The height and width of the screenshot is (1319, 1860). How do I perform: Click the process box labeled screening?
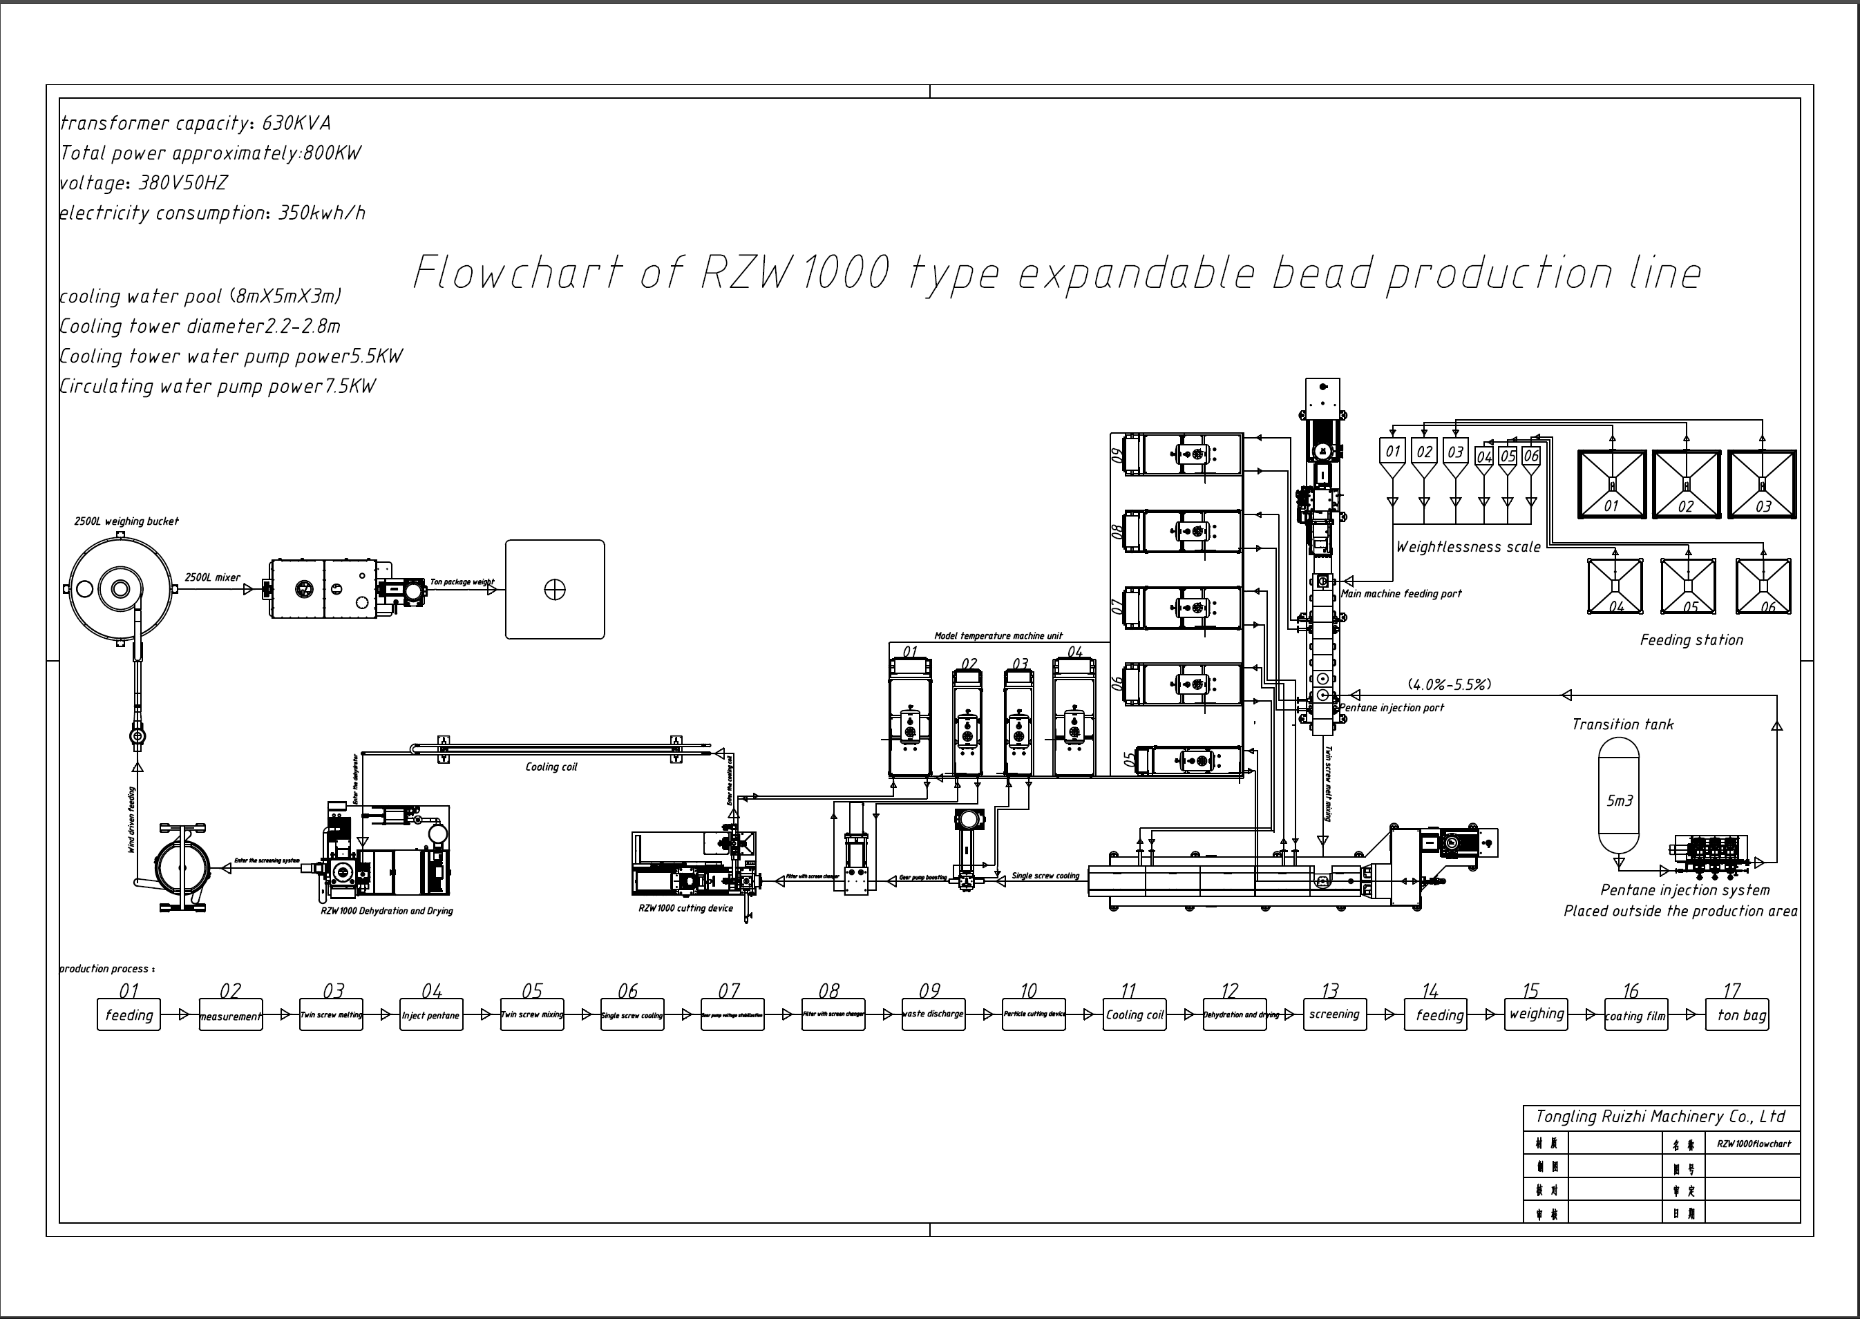(1334, 1014)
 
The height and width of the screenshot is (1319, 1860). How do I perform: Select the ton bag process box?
(1736, 1015)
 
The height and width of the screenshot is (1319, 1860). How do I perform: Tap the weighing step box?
(1536, 1014)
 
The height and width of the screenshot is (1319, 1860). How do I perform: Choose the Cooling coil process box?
(1135, 1015)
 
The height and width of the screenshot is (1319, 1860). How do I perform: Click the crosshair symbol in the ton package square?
(555, 590)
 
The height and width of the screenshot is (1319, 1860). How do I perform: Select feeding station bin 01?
(1611, 484)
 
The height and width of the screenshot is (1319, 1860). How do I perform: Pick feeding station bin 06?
(1763, 586)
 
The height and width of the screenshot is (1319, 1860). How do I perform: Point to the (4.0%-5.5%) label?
(1449, 684)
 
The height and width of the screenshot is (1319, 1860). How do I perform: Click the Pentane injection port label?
(1392, 707)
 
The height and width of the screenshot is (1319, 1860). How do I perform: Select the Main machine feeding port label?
(1401, 594)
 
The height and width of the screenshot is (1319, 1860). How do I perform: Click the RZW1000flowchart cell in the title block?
(1754, 1144)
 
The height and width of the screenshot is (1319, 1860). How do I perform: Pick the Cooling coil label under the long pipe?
(551, 767)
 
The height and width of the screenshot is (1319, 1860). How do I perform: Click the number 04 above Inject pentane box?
(431, 991)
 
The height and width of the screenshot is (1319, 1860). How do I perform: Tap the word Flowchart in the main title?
(518, 272)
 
